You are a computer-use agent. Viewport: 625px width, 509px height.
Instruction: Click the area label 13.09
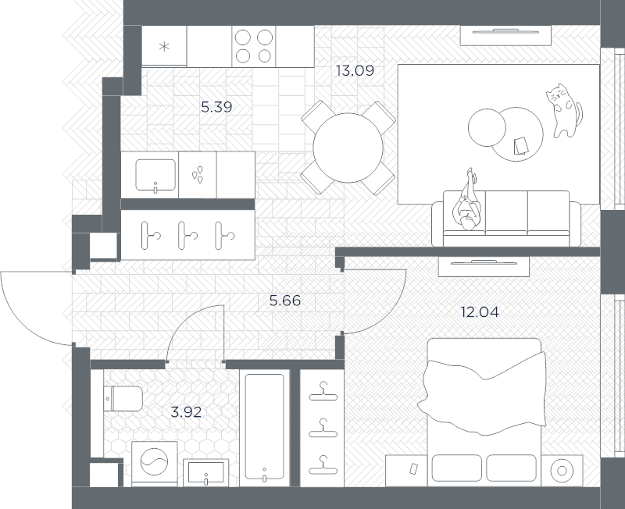pyautogui.click(x=355, y=70)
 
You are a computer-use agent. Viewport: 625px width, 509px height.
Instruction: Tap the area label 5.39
pyautogui.click(x=216, y=107)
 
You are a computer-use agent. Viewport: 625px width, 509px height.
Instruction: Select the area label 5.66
pyautogui.click(x=284, y=300)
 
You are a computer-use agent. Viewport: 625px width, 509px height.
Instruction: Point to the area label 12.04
pyautogui.click(x=480, y=312)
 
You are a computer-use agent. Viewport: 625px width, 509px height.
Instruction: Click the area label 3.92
pyautogui.click(x=186, y=411)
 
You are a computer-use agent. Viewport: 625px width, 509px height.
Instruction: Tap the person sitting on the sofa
pyautogui.click(x=468, y=205)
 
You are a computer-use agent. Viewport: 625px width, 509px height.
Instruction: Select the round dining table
pyautogui.click(x=348, y=148)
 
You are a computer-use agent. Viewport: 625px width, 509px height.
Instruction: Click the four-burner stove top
pyautogui.click(x=254, y=46)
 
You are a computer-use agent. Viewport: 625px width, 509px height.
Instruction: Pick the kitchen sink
pyautogui.click(x=155, y=173)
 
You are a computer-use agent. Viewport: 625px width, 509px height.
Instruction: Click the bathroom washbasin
pyautogui.click(x=206, y=472)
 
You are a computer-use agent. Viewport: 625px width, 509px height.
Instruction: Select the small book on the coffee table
pyautogui.click(x=520, y=145)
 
